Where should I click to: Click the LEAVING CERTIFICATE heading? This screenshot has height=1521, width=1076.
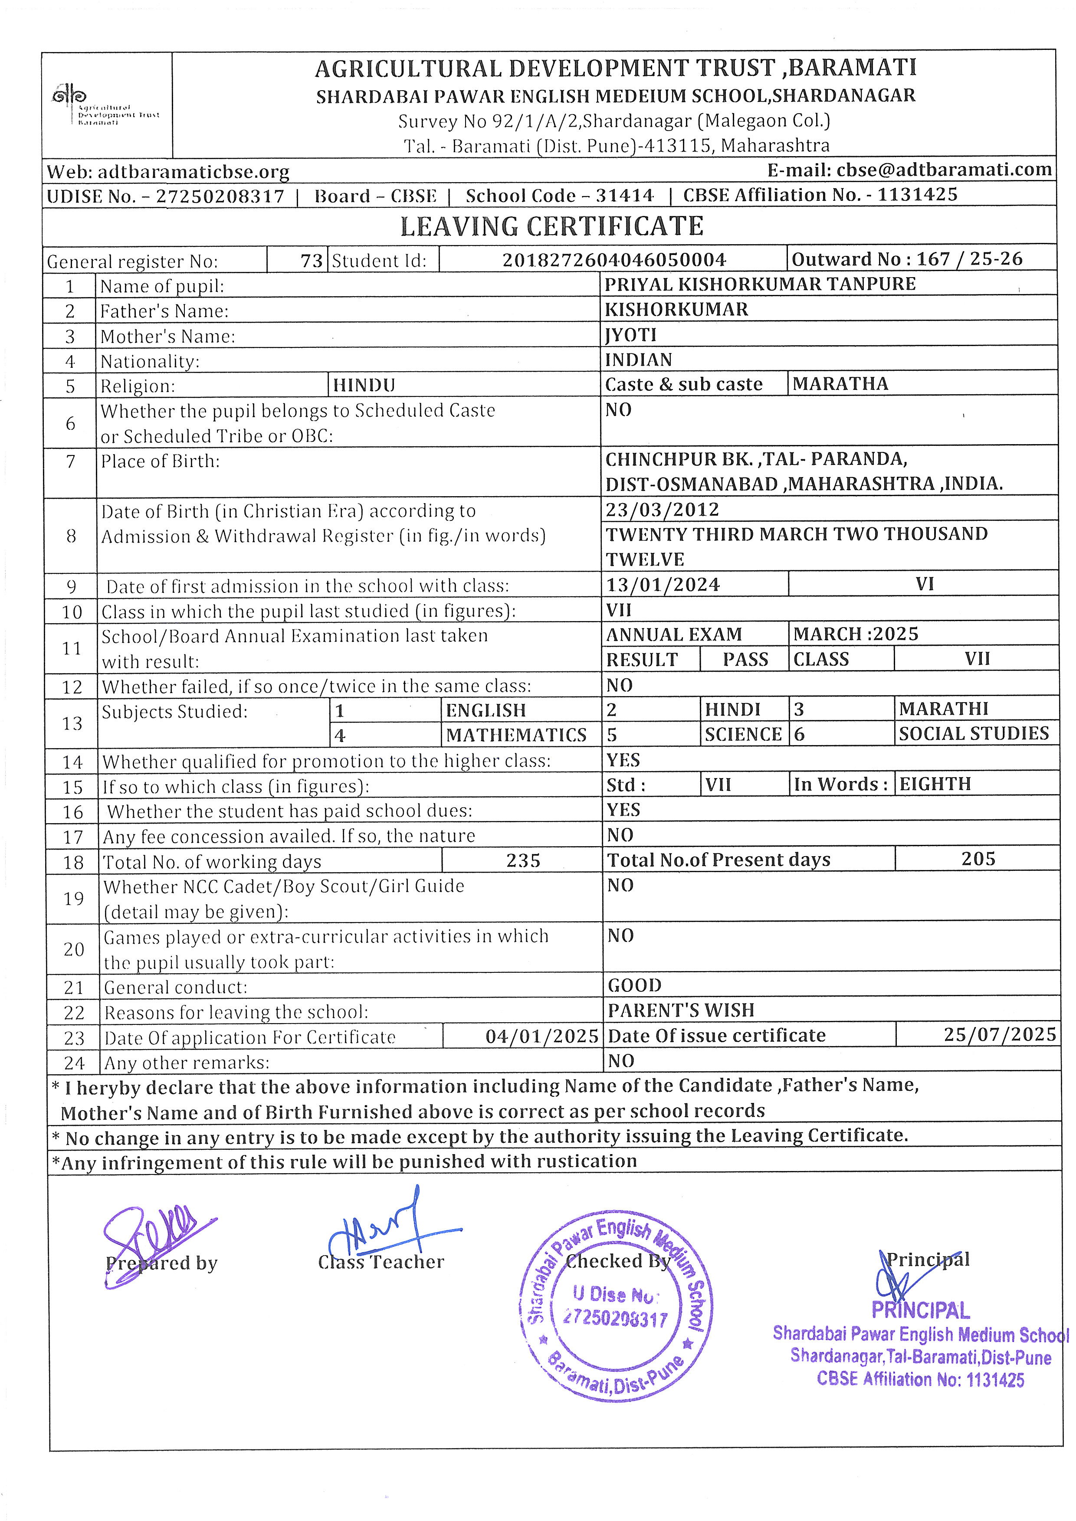[x=551, y=226]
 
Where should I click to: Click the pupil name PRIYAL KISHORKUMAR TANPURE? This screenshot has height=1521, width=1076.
[x=760, y=284]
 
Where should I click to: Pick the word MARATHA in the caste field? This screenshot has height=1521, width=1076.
[x=840, y=384]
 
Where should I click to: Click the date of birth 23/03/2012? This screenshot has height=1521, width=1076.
[x=662, y=510]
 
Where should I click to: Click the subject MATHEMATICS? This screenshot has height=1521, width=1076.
[x=516, y=735]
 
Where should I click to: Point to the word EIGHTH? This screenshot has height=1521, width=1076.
[x=935, y=784]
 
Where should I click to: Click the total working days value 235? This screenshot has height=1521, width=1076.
[x=523, y=860]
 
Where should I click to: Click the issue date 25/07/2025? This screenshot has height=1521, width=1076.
[x=1000, y=1035]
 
